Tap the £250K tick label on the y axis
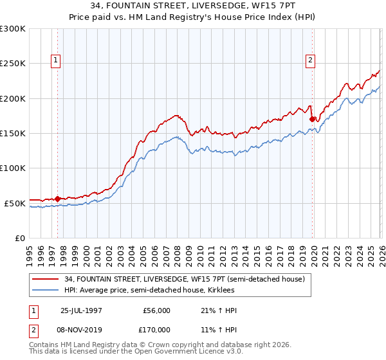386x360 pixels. point(13,64)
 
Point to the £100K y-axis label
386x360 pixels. point(13,168)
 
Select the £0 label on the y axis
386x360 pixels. point(20,238)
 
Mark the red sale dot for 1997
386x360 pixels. point(58,199)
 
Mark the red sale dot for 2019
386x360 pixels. point(312,119)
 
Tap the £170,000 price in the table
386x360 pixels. point(156,329)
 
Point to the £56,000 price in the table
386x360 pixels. point(156,310)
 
